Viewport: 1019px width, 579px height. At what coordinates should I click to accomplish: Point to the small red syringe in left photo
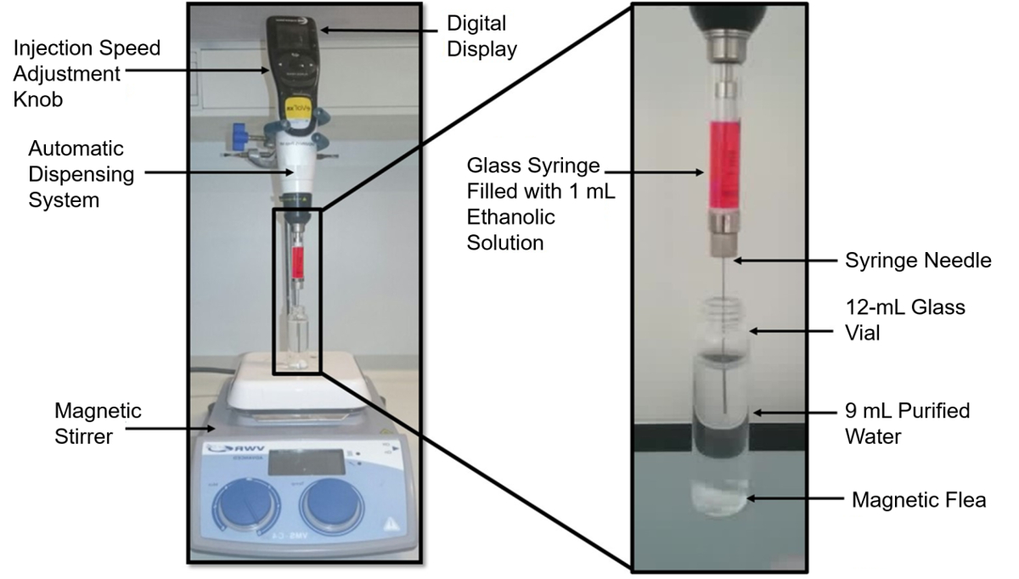[x=297, y=261]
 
